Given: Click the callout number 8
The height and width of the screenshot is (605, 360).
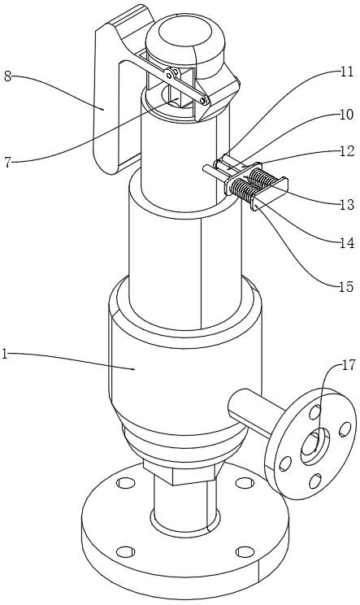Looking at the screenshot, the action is [x=7, y=76].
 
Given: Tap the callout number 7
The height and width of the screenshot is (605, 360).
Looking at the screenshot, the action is [x=7, y=162].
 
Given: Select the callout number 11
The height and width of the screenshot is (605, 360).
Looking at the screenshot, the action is [x=347, y=72].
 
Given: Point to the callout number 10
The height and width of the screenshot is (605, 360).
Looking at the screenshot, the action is [x=346, y=115].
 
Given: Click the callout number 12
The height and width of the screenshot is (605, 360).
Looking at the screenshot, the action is [x=347, y=151].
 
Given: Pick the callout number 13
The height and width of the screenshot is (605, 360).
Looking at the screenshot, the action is [x=347, y=204].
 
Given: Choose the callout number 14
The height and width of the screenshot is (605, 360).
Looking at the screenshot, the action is [x=347, y=242].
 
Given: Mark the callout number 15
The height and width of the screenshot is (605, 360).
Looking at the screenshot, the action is [x=346, y=287].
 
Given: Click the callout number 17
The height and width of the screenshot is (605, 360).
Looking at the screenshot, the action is [x=349, y=365].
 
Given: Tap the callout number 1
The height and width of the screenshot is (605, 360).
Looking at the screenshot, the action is [x=5, y=354].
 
